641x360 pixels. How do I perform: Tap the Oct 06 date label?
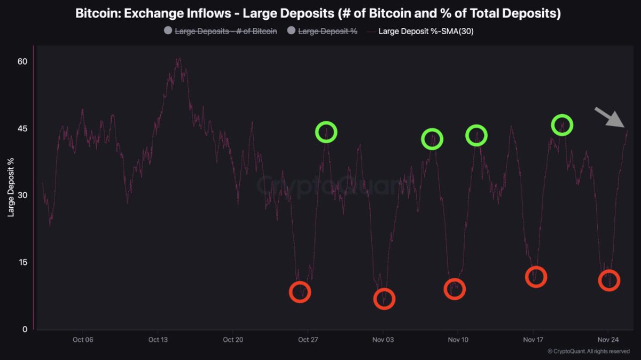click(x=83, y=340)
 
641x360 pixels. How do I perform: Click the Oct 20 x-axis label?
click(x=233, y=340)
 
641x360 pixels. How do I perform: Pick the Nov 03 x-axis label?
click(x=383, y=340)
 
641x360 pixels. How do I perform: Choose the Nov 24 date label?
click(x=608, y=340)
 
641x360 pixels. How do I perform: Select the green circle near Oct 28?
click(x=326, y=131)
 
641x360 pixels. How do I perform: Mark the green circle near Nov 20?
click(x=562, y=125)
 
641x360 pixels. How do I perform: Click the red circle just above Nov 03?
click(x=384, y=299)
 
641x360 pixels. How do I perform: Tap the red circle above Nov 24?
click(x=609, y=280)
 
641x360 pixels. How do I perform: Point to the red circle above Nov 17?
click(x=536, y=277)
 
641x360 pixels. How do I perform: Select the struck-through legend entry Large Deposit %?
click(x=327, y=31)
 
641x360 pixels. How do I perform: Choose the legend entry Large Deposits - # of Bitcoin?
click(x=225, y=31)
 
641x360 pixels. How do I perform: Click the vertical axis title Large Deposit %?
click(x=10, y=187)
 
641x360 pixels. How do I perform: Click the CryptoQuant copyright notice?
click(x=588, y=351)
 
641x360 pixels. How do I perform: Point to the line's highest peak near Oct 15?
click(x=178, y=59)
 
